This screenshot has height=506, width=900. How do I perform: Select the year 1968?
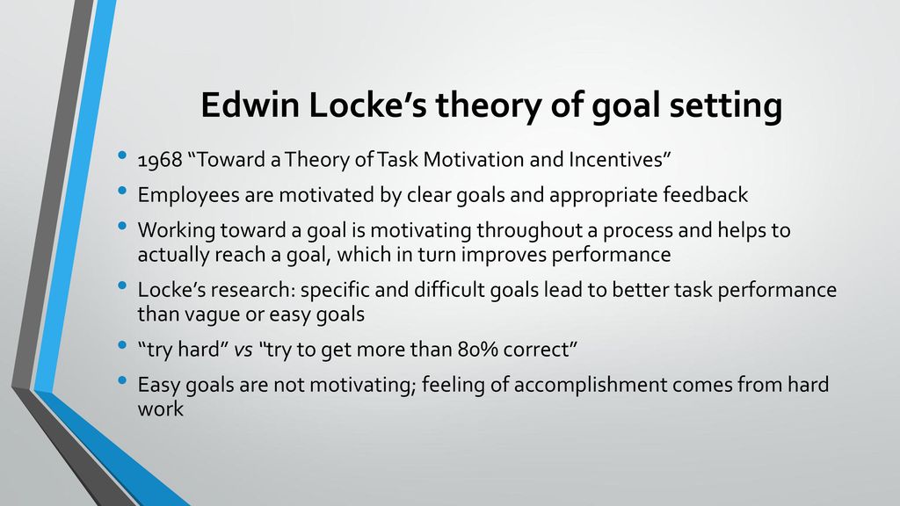(160, 160)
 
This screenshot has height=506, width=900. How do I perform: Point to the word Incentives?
(620, 159)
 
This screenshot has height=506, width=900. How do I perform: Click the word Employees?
(188, 195)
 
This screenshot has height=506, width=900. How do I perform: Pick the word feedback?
(706, 194)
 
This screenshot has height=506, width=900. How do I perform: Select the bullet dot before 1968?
(121, 155)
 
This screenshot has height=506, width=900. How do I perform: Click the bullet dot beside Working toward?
(121, 226)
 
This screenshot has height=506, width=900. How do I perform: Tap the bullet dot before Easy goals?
(121, 380)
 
